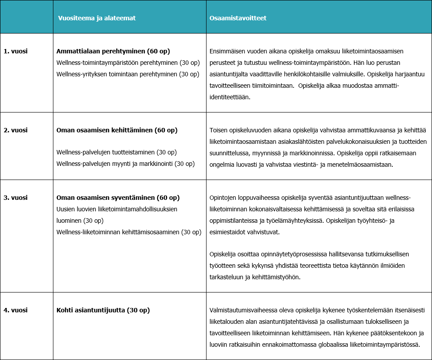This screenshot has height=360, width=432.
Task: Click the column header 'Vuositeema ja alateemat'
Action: click(x=97, y=18)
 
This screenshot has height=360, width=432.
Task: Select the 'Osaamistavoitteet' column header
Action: click(x=238, y=18)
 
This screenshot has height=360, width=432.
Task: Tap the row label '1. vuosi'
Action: click(x=16, y=51)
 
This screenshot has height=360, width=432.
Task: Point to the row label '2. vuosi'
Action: click(x=16, y=130)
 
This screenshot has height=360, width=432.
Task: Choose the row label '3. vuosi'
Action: click(x=16, y=198)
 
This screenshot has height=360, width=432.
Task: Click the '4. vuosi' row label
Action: click(x=16, y=310)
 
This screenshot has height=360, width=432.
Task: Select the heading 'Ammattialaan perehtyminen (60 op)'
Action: click(x=113, y=51)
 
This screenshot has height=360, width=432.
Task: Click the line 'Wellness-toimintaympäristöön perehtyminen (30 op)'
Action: click(x=128, y=63)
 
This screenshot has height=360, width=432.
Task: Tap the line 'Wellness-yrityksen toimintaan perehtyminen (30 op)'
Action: click(x=128, y=74)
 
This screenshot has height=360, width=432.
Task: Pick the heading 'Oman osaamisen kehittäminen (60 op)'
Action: click(x=117, y=130)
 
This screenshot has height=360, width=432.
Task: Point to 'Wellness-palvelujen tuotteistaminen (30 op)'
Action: click(x=116, y=152)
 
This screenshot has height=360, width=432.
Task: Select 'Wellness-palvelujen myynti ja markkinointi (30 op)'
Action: click(x=125, y=164)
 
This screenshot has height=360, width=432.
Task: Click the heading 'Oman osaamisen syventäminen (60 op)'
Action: click(x=118, y=198)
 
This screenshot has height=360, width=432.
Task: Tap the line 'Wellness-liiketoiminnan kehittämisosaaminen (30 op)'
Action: click(x=129, y=232)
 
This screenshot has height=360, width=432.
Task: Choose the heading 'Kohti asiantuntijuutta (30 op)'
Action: click(x=103, y=310)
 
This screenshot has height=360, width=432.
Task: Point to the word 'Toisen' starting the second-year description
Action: click(x=218, y=131)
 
